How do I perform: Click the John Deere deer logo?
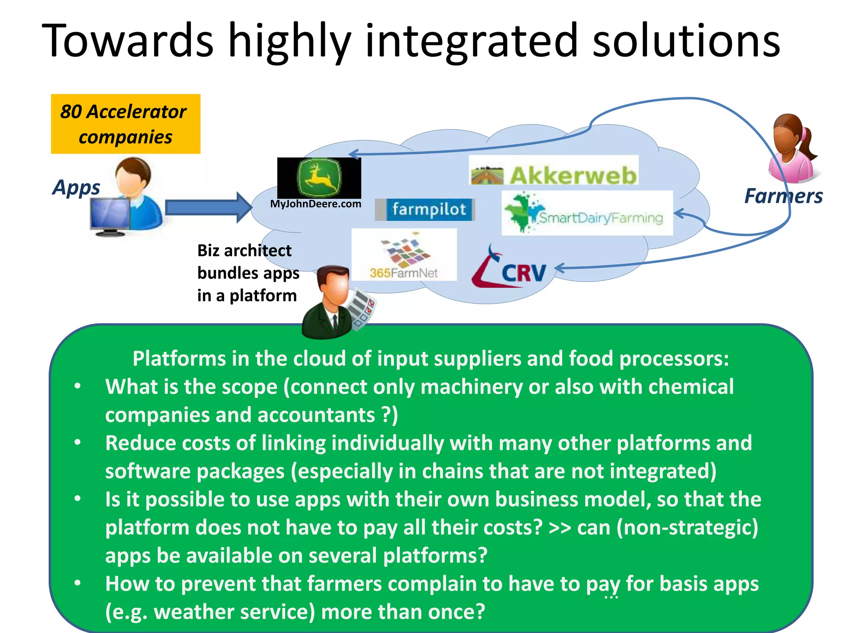[x=319, y=178]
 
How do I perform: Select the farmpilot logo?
[x=425, y=209]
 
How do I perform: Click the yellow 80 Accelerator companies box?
[x=125, y=124]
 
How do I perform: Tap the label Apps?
[x=76, y=188]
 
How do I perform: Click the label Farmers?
[x=783, y=196]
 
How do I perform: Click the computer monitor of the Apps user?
[x=109, y=215]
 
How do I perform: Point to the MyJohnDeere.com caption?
[x=315, y=204]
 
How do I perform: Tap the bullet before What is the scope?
[x=77, y=387]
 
